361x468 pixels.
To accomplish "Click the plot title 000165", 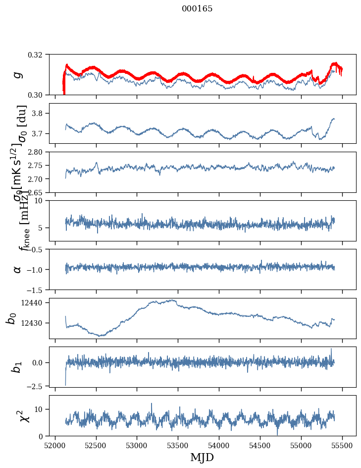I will tap(197, 9).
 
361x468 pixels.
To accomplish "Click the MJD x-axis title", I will tap(202, 458).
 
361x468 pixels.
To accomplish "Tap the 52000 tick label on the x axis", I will tap(55, 445).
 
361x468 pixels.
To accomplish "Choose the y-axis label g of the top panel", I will tap(18, 74).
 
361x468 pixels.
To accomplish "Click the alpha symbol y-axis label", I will tap(18, 269).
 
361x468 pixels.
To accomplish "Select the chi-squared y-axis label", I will tap(25, 415).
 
